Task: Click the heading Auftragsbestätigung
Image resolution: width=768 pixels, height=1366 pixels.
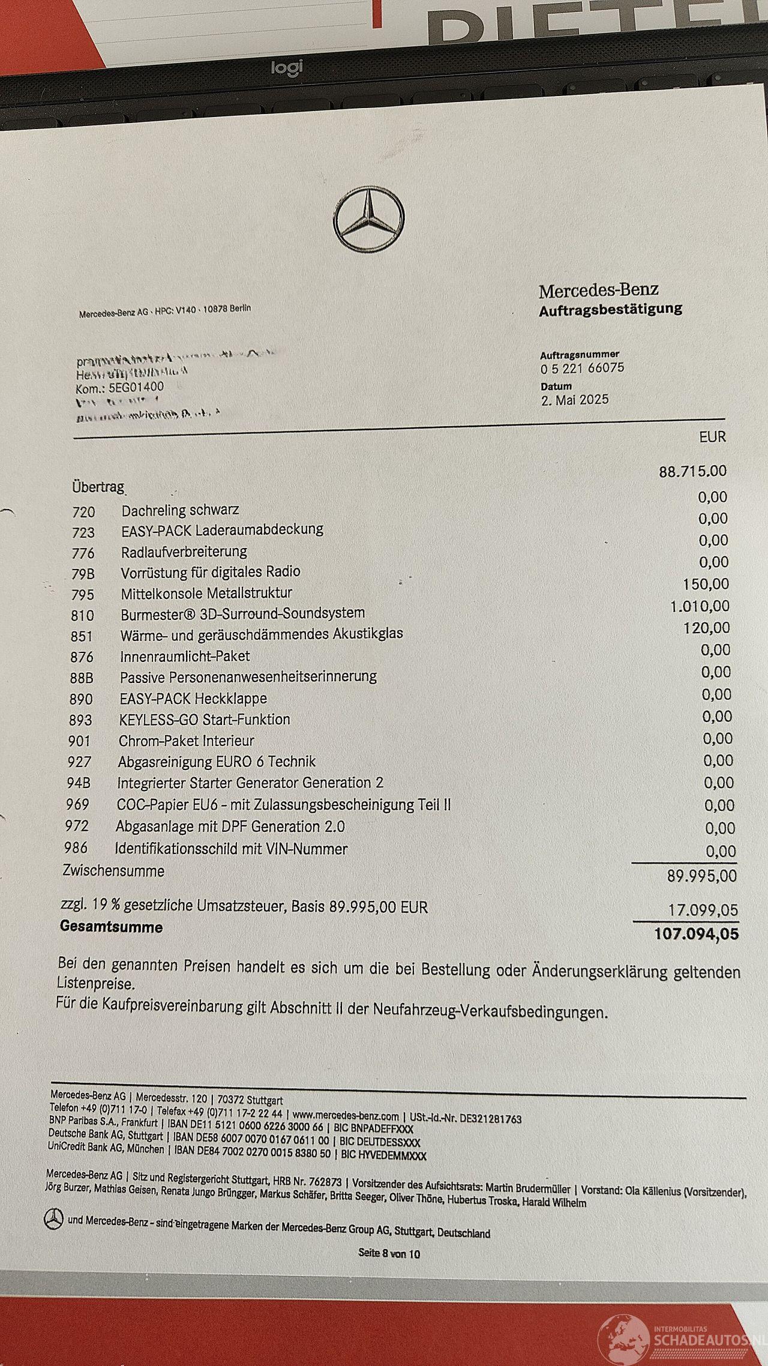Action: coord(610,310)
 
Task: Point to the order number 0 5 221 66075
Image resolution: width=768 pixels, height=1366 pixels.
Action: coord(582,368)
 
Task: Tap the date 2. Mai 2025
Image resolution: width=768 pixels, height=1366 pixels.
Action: coord(574,400)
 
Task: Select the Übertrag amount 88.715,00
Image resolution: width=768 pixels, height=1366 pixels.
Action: coord(692,471)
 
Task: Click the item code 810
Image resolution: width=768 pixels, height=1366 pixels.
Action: coord(82,615)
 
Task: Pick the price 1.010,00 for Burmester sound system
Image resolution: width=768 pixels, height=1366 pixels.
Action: coord(700,606)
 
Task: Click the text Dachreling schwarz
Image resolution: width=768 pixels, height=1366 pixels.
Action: coord(180,510)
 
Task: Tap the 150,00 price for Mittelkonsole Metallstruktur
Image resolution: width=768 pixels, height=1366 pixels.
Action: coord(706,584)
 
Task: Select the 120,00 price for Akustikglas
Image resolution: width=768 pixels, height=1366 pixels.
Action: coord(707,628)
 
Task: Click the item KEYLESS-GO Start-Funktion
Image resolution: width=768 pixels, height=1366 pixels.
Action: coord(205,719)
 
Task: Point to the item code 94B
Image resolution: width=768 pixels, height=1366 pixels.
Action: coord(79,783)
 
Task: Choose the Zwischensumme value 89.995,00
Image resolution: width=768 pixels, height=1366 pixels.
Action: coord(701,876)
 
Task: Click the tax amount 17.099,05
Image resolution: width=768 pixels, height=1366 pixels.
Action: coord(703,910)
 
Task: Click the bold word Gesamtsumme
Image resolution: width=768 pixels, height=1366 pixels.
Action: coord(111,927)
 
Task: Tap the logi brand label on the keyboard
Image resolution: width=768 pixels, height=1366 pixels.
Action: coord(287,68)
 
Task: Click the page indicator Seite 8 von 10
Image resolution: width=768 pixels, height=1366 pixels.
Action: coord(389,1253)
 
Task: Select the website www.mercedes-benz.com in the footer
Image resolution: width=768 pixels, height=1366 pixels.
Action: coord(346,1116)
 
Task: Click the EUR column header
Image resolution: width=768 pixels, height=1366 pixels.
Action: coord(712,437)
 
